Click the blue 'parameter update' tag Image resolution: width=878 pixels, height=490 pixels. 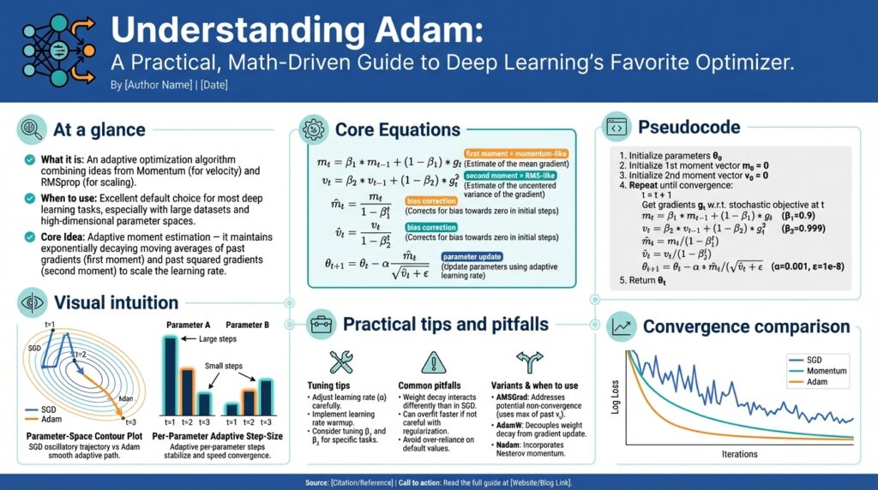tap(472, 256)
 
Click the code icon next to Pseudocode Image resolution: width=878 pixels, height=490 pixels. tap(616, 127)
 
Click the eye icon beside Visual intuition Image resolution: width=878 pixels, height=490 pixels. tap(31, 302)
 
